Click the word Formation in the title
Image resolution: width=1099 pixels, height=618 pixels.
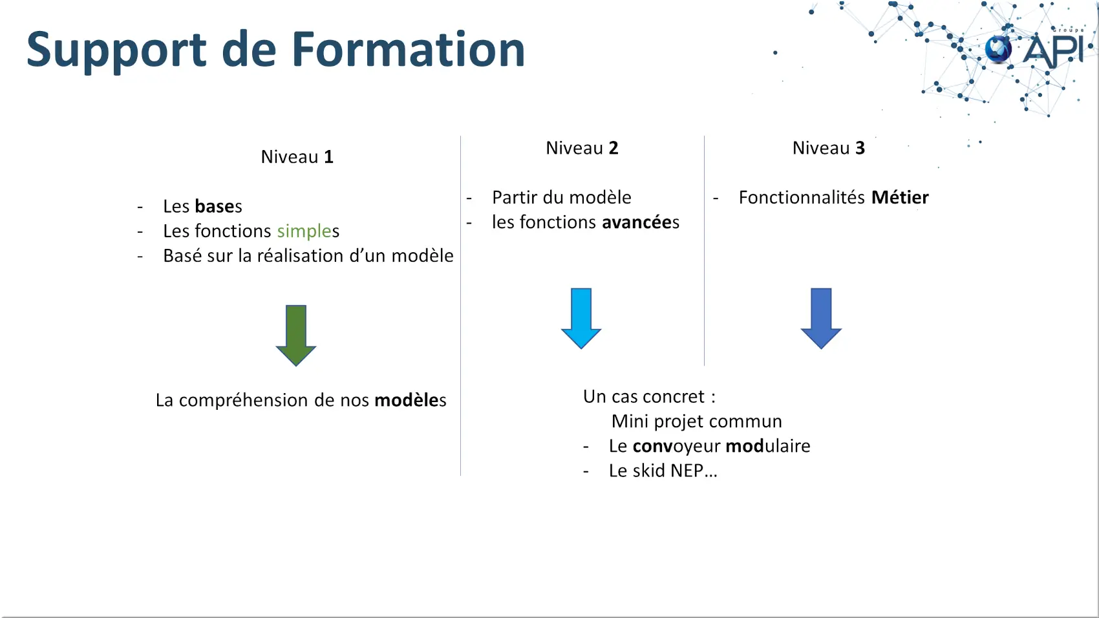[408, 49]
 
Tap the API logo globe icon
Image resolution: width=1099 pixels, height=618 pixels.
[998, 50]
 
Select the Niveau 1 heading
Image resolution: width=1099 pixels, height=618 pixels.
[297, 157]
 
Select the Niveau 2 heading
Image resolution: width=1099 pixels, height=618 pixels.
[582, 148]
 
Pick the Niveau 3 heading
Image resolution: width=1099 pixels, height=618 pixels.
[829, 148]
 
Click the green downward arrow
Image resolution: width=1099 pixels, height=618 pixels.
[296, 336]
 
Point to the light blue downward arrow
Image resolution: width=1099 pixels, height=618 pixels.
[581, 318]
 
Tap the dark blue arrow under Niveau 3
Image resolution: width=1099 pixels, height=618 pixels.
[821, 318]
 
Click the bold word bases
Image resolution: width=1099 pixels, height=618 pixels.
[219, 206]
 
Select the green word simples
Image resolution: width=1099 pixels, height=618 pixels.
[308, 231]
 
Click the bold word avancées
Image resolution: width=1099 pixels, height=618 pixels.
[641, 222]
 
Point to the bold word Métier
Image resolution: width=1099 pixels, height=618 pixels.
[900, 198]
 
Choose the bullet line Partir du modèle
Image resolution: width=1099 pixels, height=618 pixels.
[562, 198]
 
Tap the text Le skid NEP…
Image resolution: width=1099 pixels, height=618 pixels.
[663, 471]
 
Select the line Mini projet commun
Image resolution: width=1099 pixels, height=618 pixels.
[697, 421]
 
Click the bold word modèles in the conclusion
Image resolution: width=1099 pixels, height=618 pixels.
[410, 400]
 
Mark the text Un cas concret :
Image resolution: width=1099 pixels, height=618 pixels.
[650, 396]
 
